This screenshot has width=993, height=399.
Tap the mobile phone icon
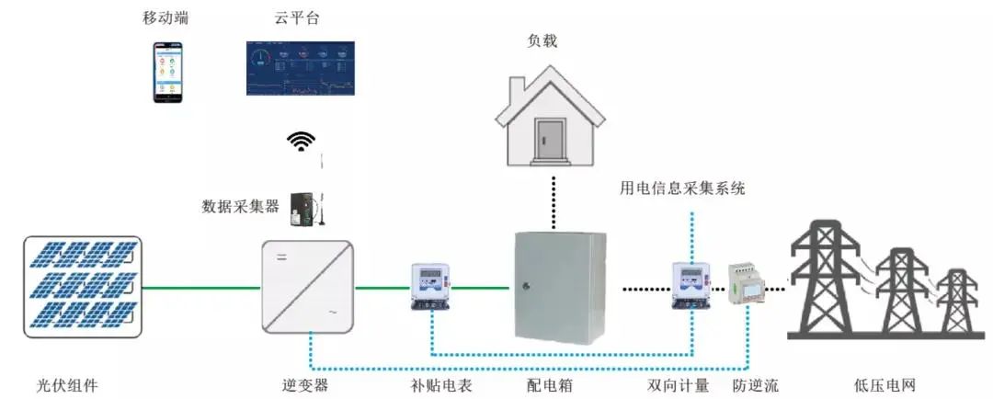click(x=167, y=72)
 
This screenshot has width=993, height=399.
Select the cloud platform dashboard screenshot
click(x=299, y=69)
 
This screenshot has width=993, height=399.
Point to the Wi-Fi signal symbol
click(x=301, y=141)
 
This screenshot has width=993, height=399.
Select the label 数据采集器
click(x=240, y=206)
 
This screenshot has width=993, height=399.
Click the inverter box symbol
click(x=307, y=287)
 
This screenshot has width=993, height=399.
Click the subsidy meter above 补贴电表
click(x=429, y=287)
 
